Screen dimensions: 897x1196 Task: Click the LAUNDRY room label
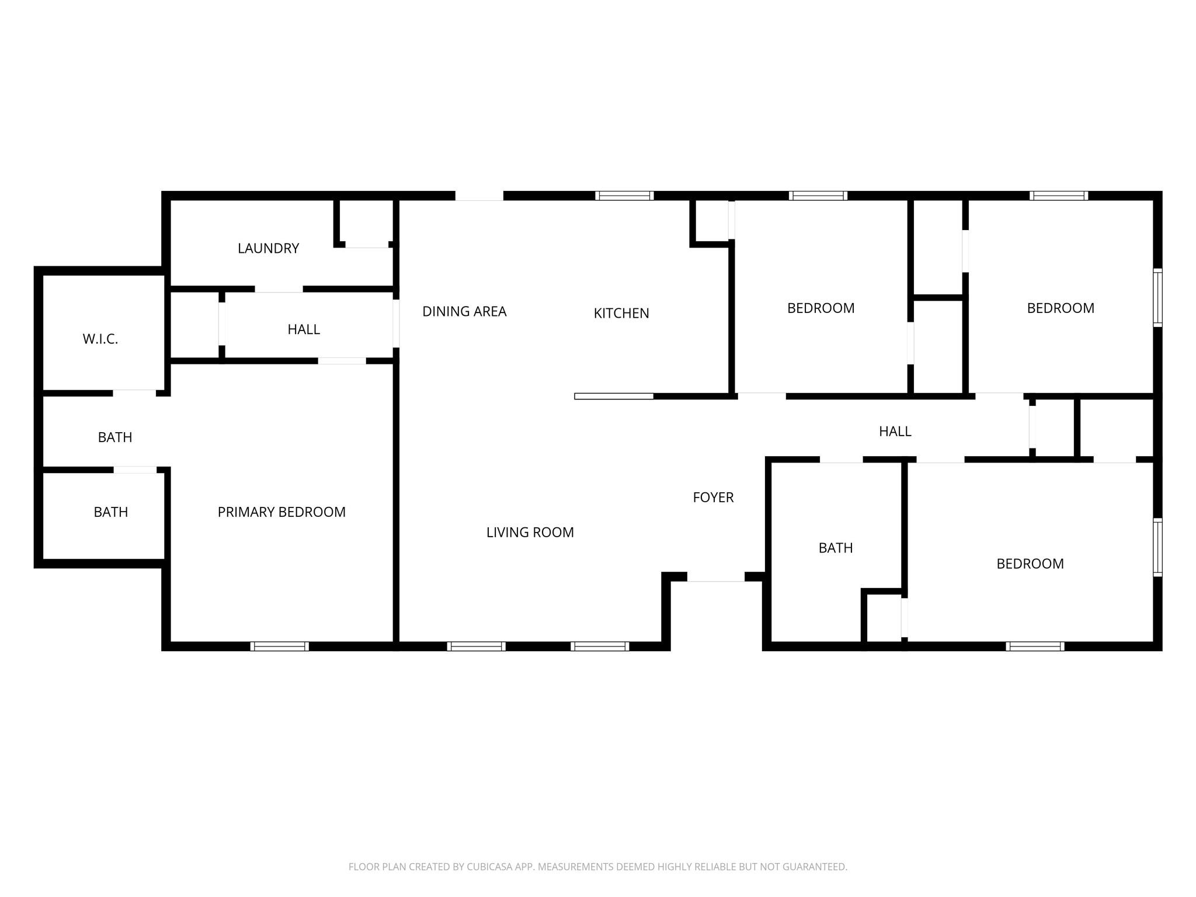tap(268, 248)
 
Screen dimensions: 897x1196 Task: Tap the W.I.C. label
tap(100, 339)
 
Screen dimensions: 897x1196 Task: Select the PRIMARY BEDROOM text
tap(281, 512)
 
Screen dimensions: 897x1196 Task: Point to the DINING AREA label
tap(464, 311)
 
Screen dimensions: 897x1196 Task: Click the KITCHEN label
tap(621, 313)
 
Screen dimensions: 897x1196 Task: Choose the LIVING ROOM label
tap(530, 532)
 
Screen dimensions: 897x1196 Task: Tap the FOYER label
tap(713, 497)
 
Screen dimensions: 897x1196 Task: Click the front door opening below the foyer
tap(715, 577)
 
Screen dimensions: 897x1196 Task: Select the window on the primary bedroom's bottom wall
tap(279, 646)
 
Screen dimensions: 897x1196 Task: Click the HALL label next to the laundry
tap(304, 329)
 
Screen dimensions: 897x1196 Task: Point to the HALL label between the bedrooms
tap(895, 431)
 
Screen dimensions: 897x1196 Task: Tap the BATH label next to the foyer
tap(835, 548)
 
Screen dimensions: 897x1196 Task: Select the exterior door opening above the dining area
tap(479, 196)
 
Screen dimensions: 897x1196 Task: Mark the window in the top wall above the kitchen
tap(624, 196)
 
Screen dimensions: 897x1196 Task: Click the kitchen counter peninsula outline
tap(614, 396)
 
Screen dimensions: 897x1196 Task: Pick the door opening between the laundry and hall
tap(279, 289)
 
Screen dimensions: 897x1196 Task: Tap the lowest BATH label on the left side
tap(110, 512)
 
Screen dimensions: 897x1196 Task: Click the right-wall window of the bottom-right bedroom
tap(1157, 547)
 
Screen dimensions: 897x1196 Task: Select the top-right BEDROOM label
tap(1060, 308)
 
